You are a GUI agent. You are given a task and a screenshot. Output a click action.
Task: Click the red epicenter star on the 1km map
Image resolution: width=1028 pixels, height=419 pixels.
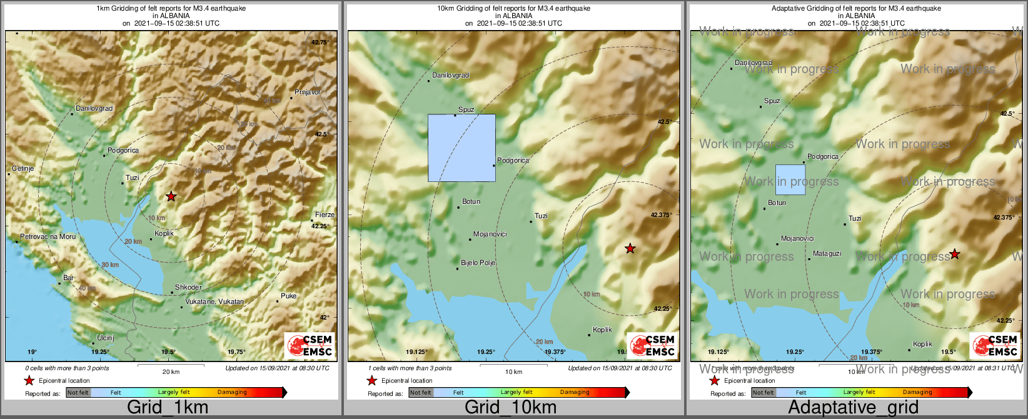pos(171,196)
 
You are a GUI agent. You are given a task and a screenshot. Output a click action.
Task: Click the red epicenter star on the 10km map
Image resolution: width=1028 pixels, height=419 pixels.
pos(630,249)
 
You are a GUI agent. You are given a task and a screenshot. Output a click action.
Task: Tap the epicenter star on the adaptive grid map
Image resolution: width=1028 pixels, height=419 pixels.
pos(954,254)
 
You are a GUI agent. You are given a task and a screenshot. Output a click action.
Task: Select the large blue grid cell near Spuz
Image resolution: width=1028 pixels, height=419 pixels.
pos(461,148)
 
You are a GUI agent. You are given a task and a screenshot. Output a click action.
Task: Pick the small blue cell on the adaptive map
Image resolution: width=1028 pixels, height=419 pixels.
pos(790,180)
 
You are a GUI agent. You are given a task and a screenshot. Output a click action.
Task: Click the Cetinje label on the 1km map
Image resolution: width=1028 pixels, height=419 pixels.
pos(23,169)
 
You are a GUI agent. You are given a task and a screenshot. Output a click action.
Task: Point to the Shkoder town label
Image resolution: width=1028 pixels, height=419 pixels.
pos(188,287)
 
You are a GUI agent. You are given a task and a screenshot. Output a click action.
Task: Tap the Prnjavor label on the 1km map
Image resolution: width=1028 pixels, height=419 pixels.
pos(308,92)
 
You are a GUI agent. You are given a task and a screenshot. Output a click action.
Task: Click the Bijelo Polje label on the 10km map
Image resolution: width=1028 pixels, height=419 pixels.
pos(478,263)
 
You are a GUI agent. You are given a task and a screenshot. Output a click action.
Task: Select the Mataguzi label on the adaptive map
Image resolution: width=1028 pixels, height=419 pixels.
pos(827,253)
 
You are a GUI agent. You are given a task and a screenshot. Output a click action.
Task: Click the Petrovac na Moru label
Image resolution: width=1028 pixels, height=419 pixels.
pos(48,236)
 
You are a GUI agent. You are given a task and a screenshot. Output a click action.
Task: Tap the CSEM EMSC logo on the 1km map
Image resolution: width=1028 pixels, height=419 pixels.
pos(309,346)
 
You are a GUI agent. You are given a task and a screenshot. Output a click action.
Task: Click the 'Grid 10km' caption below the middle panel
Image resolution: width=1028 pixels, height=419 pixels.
pos(510,407)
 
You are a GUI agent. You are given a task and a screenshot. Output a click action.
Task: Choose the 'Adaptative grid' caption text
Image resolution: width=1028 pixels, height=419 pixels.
pos(853,407)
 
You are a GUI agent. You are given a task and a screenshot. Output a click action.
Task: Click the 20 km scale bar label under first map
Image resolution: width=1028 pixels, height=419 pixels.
pos(171,371)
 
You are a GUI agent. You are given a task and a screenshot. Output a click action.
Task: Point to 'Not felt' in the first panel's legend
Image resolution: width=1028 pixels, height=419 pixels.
pos(78,393)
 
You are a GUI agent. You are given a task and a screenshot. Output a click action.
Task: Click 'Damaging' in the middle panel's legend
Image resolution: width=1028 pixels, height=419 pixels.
pos(575,393)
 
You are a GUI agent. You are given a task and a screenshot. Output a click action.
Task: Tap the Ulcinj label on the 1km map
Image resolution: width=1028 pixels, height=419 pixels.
pos(106,338)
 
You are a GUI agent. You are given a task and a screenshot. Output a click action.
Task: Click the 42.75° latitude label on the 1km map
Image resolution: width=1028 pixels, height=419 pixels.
pos(320,43)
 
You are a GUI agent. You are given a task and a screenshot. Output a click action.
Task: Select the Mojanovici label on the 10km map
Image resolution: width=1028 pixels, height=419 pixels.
pos(490,234)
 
